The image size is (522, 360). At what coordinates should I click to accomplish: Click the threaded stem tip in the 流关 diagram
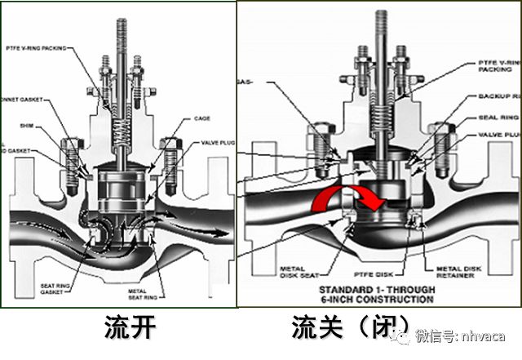point(381,24)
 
